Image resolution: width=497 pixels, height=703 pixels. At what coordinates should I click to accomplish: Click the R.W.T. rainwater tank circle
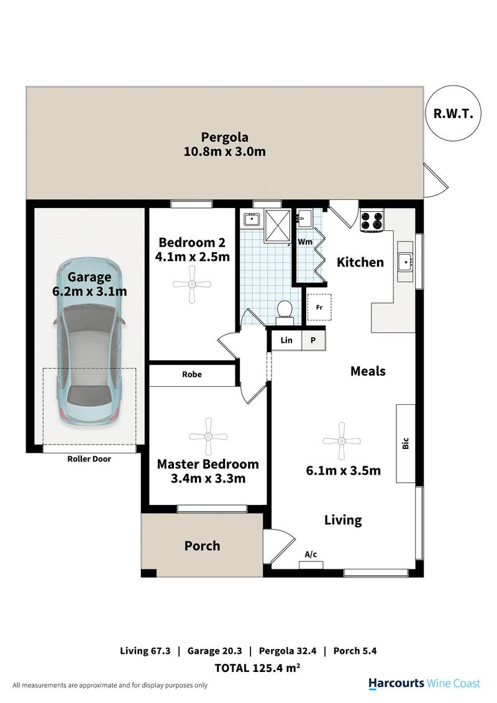coord(453,113)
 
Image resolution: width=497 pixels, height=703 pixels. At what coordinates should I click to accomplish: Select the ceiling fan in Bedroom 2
coord(192,284)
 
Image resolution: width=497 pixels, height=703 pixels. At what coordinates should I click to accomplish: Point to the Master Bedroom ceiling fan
coord(207,437)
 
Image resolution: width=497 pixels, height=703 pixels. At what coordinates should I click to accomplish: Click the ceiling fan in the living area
coord(342,441)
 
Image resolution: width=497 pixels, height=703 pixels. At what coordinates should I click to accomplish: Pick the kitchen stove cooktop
coord(372,221)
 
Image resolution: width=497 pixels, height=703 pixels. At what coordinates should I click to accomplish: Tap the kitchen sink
coord(405,261)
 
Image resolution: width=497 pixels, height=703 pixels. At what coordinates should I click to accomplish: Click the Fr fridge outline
coord(319,307)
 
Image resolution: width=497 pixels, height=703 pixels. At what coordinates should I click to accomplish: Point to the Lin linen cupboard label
coord(286,340)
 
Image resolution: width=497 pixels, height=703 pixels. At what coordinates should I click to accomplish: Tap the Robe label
coord(192,374)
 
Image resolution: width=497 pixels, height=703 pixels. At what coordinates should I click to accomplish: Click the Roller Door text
coord(89,459)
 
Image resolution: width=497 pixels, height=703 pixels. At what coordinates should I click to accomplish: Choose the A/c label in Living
coord(311,554)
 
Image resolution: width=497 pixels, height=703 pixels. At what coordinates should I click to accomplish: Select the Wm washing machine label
coord(305,242)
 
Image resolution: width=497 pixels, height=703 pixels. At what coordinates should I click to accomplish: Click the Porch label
coord(203,546)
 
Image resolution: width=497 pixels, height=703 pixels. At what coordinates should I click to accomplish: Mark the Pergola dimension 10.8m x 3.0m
coord(225,151)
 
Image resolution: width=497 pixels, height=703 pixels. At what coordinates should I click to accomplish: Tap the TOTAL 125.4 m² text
coord(257,668)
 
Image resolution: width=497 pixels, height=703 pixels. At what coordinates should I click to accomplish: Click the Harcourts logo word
coord(396,683)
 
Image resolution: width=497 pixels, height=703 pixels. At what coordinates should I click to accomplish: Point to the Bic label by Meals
coord(406,443)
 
